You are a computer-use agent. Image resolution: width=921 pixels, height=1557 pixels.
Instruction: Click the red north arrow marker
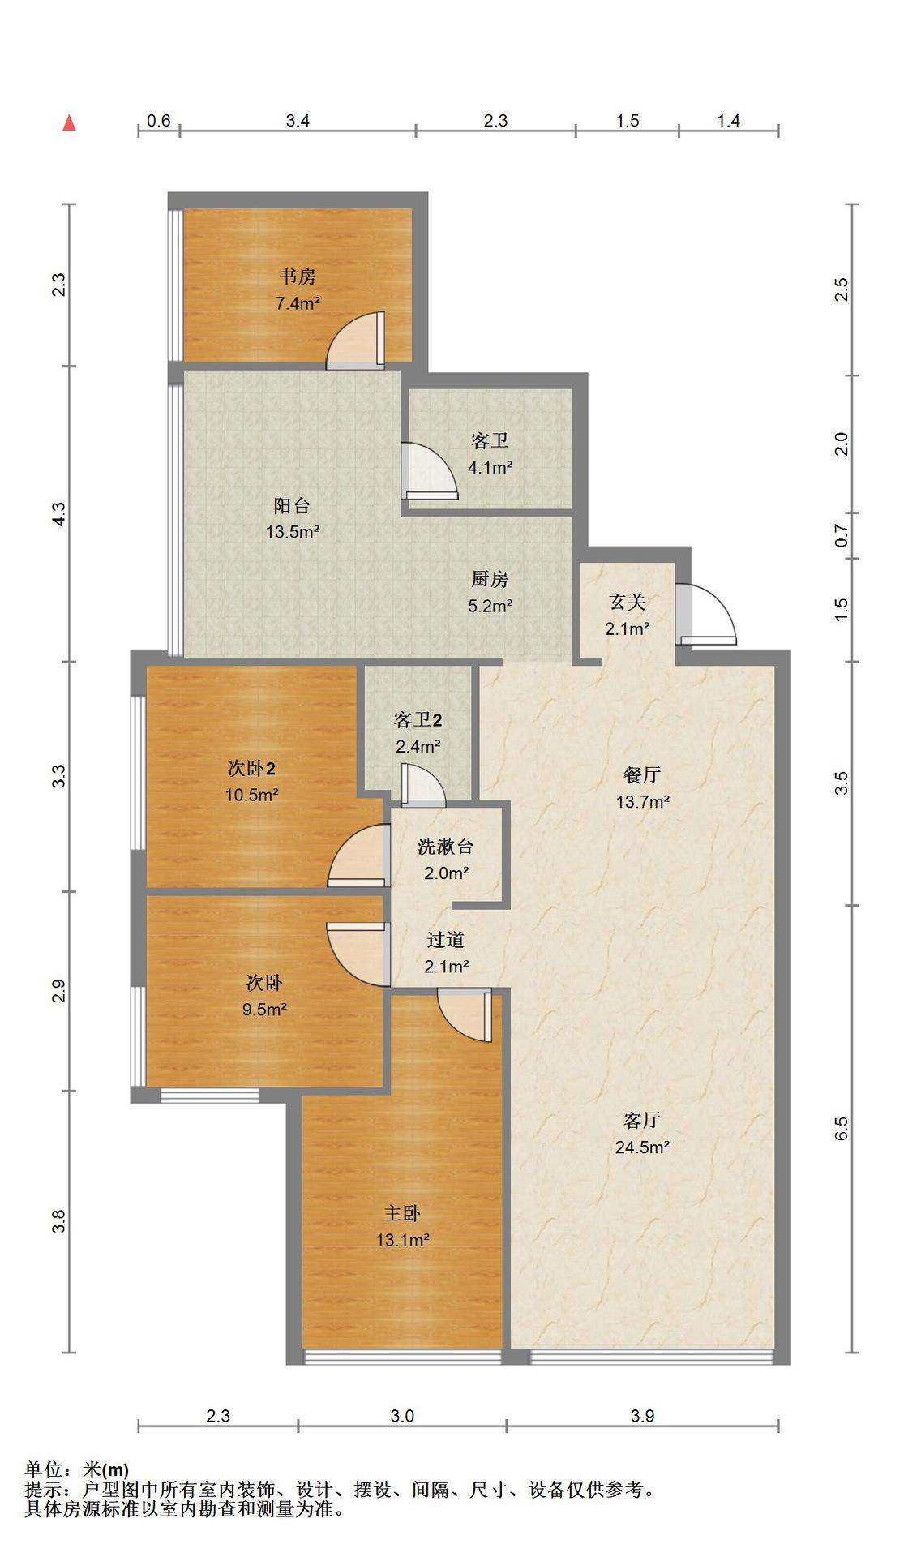(70, 123)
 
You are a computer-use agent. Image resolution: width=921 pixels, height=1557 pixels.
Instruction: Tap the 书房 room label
(298, 277)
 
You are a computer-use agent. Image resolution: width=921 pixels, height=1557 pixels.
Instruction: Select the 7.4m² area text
(298, 304)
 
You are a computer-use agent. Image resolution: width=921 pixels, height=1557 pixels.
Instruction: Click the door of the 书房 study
(356, 341)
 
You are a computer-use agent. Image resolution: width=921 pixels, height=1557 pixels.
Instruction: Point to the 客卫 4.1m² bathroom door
(429, 470)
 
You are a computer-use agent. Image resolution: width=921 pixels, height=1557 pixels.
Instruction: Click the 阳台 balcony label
(292, 506)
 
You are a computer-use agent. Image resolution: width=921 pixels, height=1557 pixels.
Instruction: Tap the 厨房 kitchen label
(490, 579)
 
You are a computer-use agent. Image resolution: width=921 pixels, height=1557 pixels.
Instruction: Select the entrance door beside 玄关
(706, 615)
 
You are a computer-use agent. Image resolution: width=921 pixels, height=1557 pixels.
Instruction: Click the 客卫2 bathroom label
(418, 719)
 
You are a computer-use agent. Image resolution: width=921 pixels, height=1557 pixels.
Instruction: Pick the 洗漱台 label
(445, 847)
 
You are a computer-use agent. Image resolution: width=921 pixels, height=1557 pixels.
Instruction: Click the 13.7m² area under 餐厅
(643, 802)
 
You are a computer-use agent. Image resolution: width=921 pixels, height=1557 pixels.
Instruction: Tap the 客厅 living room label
(642, 1121)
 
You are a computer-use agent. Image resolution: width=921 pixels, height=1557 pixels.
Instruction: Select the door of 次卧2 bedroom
(358, 856)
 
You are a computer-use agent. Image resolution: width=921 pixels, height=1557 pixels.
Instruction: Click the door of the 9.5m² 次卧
(358, 954)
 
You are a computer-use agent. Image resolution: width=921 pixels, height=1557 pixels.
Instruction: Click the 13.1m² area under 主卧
(402, 1240)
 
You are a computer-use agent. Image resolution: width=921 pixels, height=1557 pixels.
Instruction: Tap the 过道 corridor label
(446, 940)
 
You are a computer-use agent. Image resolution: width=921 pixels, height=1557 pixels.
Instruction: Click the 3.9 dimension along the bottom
(642, 1416)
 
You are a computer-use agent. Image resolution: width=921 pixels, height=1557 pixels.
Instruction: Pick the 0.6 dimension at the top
(159, 121)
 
